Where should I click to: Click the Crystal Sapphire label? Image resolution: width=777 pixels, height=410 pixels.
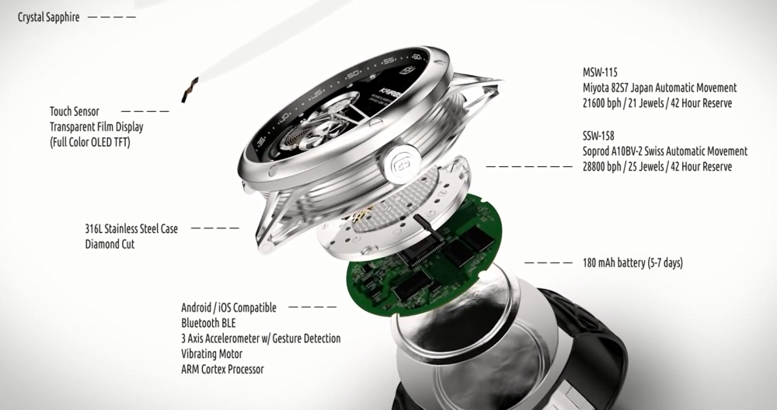point(48,17)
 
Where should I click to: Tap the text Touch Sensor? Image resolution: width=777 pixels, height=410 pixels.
point(75,111)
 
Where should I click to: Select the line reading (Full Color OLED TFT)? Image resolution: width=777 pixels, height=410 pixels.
point(89,143)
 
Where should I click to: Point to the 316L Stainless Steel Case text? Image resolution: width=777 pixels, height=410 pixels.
point(131,229)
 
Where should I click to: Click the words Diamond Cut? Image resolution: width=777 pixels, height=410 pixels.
point(110,244)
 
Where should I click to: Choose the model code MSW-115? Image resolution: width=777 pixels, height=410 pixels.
point(600,72)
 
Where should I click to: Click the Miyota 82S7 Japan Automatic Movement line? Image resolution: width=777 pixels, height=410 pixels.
point(660,88)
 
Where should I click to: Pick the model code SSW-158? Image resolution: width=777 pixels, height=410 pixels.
point(598,136)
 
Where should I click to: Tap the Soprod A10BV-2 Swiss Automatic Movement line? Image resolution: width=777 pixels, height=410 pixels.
point(665,151)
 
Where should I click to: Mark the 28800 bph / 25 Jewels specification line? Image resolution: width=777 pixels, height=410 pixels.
point(657,167)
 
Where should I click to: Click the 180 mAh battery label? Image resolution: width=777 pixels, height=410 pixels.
point(632,262)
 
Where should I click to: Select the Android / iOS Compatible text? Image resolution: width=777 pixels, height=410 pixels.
point(228,307)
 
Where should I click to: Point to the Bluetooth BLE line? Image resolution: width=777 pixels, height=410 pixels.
point(208,323)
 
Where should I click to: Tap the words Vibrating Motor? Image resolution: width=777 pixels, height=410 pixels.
point(211,354)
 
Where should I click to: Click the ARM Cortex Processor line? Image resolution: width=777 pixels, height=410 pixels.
point(222,370)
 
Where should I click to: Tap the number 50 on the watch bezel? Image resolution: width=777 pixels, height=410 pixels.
point(352,75)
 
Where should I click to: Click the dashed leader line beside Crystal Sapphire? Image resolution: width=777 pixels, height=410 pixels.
point(111,17)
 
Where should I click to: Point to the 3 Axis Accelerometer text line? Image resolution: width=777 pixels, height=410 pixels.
point(260,339)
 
